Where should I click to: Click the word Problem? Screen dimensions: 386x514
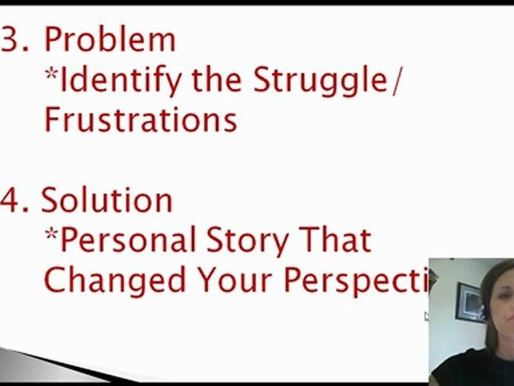pos(109,40)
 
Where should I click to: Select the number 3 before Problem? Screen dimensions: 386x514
pos(14,40)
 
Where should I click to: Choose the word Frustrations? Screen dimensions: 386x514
pos(140,120)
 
